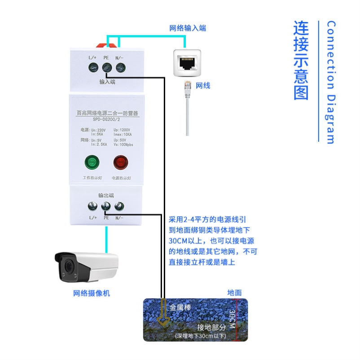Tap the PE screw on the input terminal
coord(107,68)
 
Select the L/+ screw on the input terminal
coord(93,68)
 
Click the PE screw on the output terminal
coord(106,206)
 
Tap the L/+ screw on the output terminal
coord(92,206)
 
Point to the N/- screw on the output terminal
coord(119,206)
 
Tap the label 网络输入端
coord(187,28)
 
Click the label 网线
coord(203,85)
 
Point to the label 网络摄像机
coord(91,294)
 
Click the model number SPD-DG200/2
coord(106,120)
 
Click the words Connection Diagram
coord(331,82)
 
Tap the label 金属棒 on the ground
coord(180,308)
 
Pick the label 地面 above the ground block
coord(235,293)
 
